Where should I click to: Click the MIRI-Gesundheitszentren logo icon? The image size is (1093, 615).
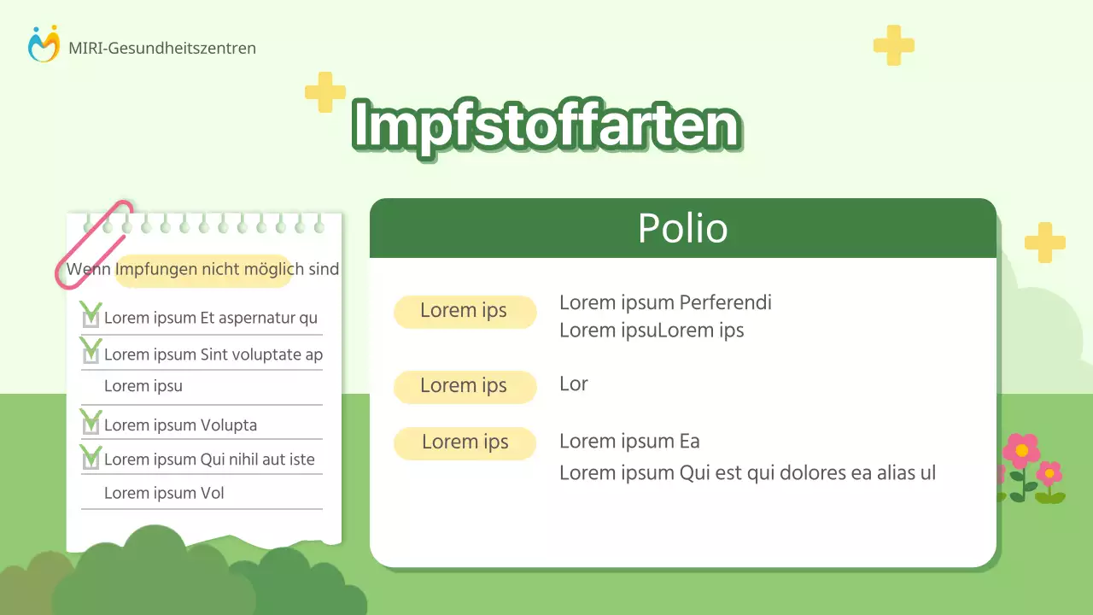[44, 44]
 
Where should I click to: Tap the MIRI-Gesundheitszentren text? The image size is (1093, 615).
[162, 49]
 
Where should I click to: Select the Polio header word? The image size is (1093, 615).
[682, 229]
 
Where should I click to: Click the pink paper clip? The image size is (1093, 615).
[95, 244]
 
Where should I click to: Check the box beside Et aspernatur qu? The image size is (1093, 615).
[91, 318]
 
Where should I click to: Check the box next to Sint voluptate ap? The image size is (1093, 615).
[91, 354]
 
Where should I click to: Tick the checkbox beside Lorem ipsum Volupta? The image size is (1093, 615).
[91, 425]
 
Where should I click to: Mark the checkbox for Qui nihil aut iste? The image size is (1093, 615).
[91, 459]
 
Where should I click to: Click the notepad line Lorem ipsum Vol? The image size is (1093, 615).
[164, 493]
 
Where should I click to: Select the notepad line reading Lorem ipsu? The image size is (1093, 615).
[143, 385]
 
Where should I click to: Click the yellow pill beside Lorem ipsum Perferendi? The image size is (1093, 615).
[465, 311]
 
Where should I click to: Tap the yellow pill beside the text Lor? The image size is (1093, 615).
[465, 386]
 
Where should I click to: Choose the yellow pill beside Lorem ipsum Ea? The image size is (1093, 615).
[465, 442]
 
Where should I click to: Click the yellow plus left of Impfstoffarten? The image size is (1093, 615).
[325, 92]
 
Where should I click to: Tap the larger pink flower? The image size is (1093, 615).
[1021, 450]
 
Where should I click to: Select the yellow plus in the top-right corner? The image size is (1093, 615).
[893, 45]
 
